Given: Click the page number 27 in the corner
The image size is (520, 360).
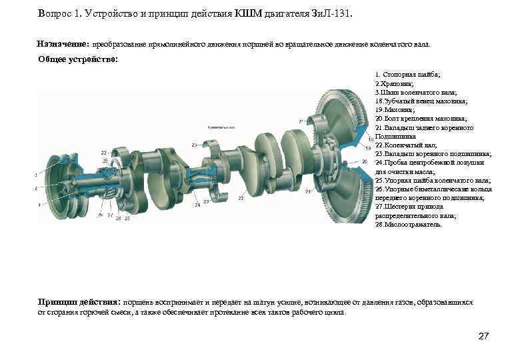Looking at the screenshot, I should [485, 336].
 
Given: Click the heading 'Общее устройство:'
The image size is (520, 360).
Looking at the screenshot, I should [78, 59].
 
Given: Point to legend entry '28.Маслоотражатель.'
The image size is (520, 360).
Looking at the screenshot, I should [409, 225].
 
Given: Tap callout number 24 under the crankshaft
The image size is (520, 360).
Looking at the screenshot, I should [197, 205].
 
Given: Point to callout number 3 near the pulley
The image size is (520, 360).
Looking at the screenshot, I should [35, 175].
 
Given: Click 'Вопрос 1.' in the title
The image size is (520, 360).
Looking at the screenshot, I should [61, 13].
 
